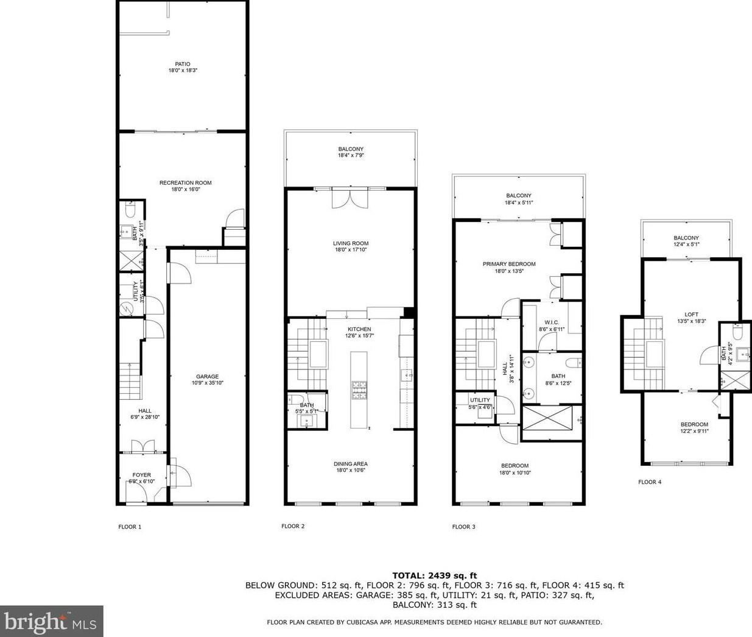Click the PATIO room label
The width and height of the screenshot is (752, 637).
click(183, 64)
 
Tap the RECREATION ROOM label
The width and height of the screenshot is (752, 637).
click(185, 183)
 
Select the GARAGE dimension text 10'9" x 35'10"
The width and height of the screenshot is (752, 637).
click(207, 383)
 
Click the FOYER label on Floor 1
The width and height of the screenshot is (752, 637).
click(141, 475)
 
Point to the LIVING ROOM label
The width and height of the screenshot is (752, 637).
click(351, 243)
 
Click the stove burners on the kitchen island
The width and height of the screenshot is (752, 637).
click(357, 389)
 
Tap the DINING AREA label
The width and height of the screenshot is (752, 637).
click(351, 464)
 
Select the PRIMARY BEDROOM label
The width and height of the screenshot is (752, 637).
click(509, 264)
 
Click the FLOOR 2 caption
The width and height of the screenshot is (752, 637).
click(293, 526)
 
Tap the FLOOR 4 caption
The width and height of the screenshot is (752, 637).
click(650, 482)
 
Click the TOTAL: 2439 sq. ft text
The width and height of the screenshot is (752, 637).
click(434, 575)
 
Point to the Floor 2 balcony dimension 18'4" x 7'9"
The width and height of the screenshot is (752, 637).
click(351, 155)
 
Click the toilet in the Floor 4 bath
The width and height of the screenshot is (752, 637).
click(735, 333)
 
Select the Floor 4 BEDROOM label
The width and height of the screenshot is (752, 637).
click(694, 424)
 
